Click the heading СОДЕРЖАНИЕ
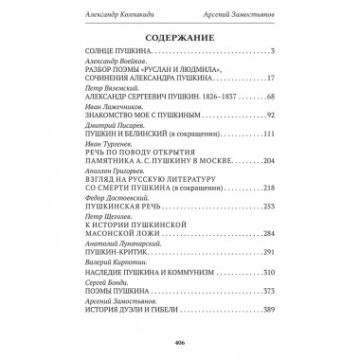[x=180, y=39]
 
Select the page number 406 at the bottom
[x=179, y=343]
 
